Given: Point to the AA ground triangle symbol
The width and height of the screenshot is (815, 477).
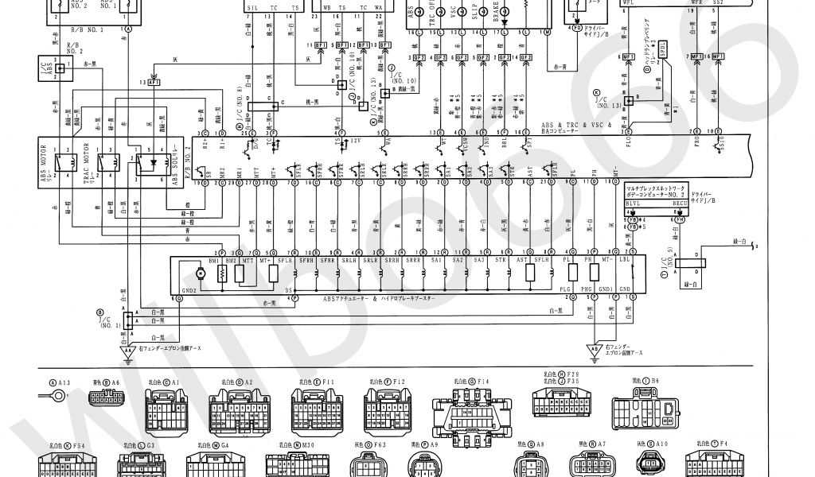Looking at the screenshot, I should (127, 350).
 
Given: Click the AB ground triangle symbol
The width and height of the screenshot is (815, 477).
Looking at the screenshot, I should (592, 348).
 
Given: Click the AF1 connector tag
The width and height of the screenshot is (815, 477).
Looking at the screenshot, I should (154, 81).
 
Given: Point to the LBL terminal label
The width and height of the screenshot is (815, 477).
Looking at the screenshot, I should (625, 260).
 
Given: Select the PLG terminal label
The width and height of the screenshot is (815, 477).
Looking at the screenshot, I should (565, 289).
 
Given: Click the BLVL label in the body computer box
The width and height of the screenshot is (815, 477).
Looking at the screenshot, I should (634, 204).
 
